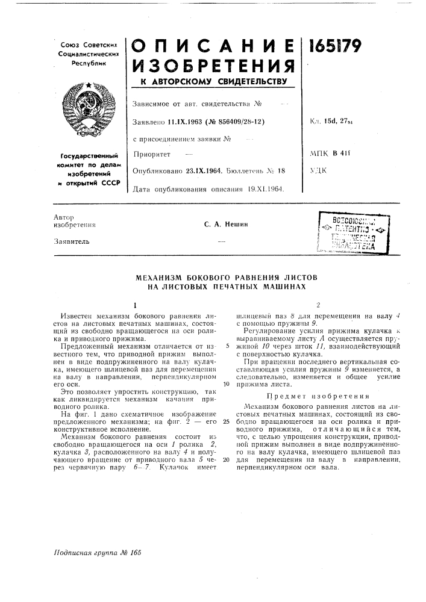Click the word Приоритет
pyautogui.click(x=150, y=155)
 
